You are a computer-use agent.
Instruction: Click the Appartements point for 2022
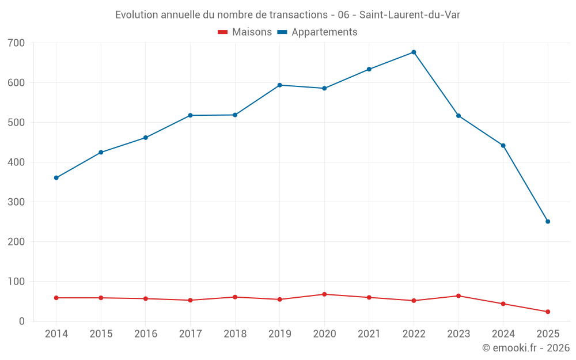tap(414, 52)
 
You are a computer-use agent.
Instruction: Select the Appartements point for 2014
tap(56, 178)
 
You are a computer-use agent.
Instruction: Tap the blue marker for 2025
tap(548, 222)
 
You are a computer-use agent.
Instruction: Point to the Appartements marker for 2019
tap(280, 85)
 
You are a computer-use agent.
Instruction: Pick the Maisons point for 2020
tap(324, 294)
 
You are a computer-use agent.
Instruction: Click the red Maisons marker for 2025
tap(548, 312)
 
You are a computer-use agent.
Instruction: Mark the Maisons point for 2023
tap(458, 296)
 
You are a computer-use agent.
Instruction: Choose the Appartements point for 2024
tap(503, 146)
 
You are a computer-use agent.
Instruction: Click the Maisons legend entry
tap(245, 32)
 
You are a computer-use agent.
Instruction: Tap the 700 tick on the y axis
tap(17, 43)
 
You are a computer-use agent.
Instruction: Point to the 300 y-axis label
tap(17, 202)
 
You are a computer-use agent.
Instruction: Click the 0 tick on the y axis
tap(21, 321)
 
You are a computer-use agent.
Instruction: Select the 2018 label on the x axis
tap(235, 334)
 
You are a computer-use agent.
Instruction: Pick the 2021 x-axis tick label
tap(369, 334)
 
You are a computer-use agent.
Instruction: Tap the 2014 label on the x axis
tap(56, 334)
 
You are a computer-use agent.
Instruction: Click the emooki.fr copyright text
tap(525, 348)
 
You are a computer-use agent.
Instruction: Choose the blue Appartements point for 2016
tap(146, 138)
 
